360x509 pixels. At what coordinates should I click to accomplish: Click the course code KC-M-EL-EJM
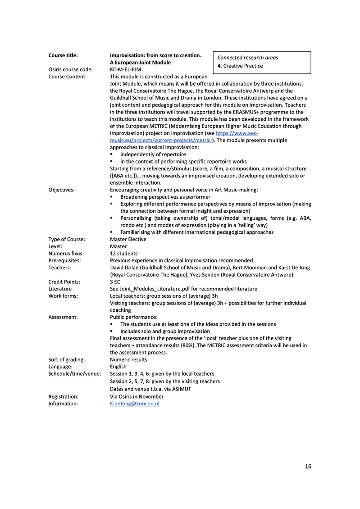pos(128,69)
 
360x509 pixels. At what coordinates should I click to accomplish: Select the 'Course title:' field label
pos(63,55)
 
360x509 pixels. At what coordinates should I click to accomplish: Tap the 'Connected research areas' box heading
pos(247,58)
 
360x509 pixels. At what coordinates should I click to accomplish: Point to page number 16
pos(308,466)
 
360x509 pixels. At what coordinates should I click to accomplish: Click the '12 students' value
pos(124,254)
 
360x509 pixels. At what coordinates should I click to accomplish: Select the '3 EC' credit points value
pos(116,282)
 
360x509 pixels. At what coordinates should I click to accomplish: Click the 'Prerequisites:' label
pos(64,260)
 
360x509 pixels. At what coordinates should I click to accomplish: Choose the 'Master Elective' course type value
pos(128,239)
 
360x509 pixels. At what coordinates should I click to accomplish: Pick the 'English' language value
pos(118,367)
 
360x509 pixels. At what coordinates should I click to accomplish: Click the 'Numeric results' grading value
pos(128,359)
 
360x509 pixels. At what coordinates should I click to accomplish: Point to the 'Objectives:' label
pos(62,190)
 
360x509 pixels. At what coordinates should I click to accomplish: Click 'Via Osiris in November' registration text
pos(137,396)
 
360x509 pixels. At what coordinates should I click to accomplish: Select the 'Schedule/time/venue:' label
pos(75,374)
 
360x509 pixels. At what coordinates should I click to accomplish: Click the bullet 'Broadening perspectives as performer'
pos(165,197)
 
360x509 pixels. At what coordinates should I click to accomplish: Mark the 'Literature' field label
pos(60,289)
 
